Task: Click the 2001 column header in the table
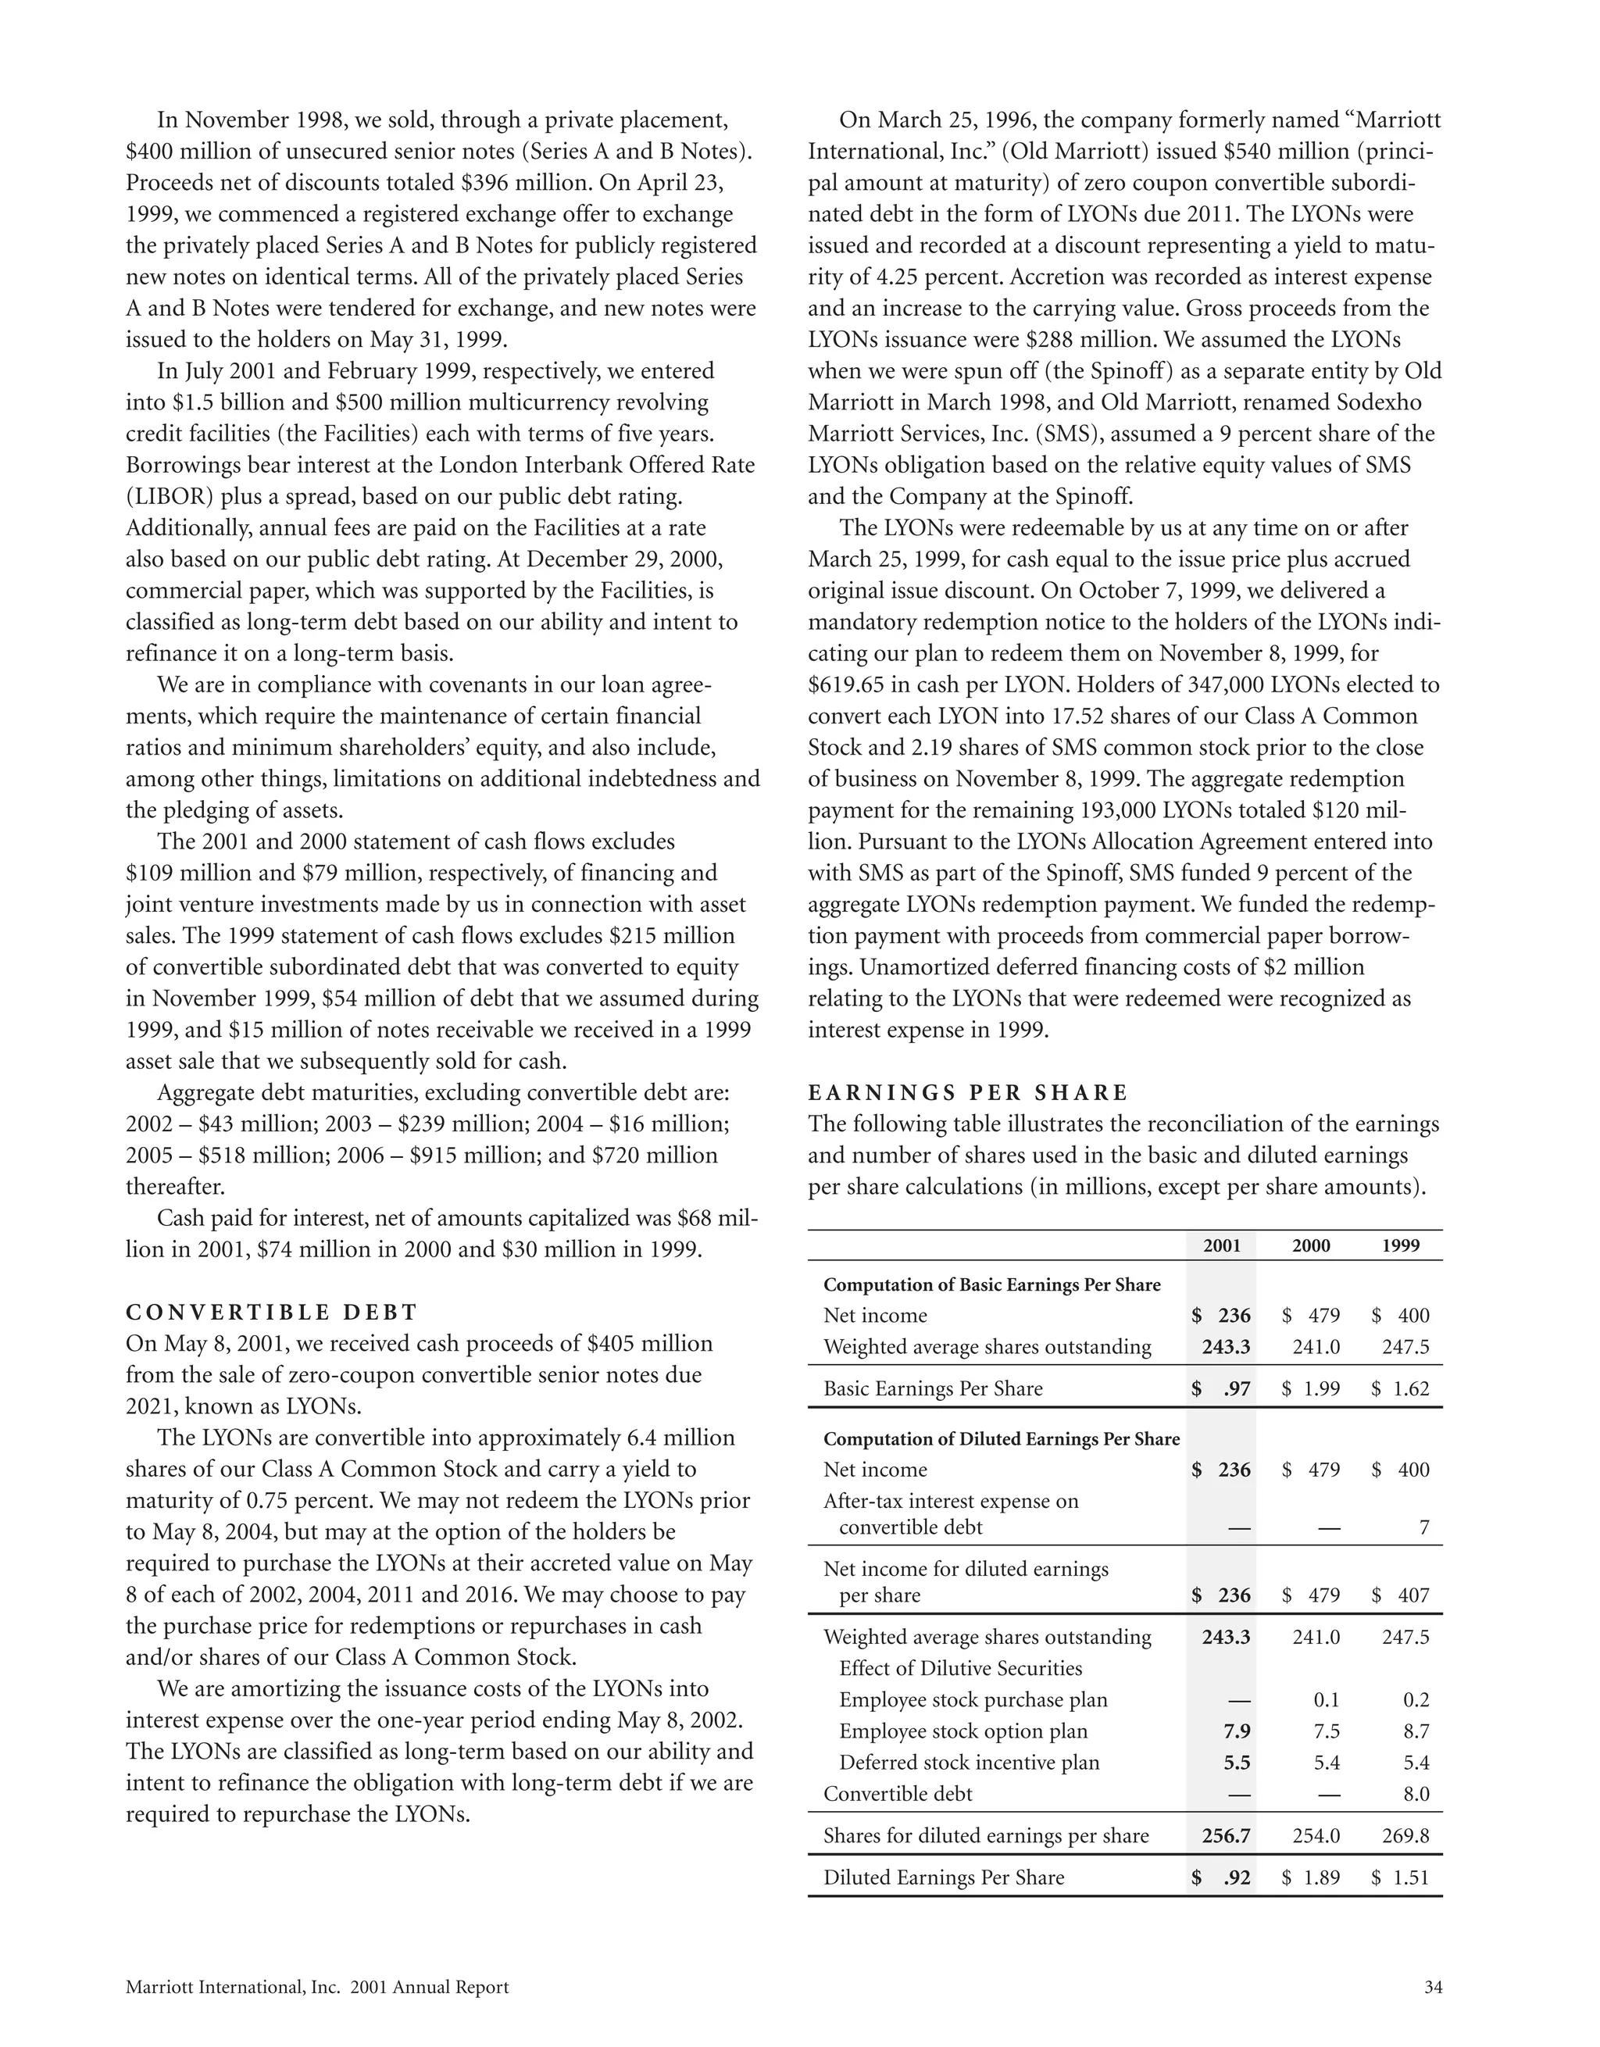1221,1245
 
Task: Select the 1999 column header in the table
1400,1245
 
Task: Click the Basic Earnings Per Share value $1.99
1311,1388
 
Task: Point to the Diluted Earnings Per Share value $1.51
1400,1877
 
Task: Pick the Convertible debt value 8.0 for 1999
1416,1793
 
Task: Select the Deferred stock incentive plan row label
970,1762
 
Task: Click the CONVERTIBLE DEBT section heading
272,1312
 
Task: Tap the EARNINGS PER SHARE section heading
968,1093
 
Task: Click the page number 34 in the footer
1432,1987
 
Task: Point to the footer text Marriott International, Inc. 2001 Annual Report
317,1987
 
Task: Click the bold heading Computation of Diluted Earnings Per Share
1001,1438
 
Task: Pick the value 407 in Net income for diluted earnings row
1412,1595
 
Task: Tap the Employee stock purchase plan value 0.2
1416,1699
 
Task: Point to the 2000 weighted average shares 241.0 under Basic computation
1316,1347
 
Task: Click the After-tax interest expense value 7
1423,1527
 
